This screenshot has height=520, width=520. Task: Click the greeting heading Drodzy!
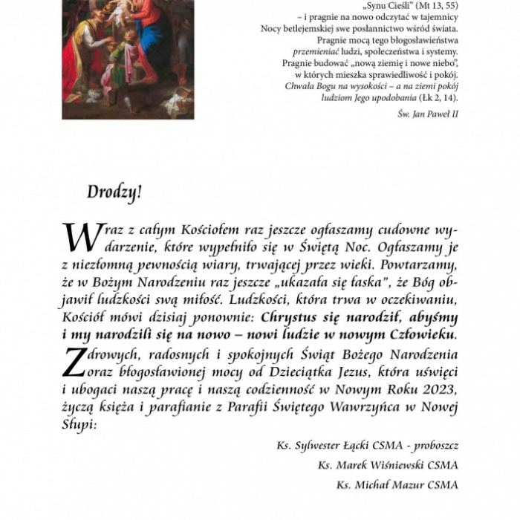(114, 192)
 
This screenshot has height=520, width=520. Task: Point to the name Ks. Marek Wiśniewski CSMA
(388, 465)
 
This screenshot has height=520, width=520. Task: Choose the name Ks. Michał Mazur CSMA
(397, 485)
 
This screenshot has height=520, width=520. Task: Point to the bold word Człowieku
(422, 335)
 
